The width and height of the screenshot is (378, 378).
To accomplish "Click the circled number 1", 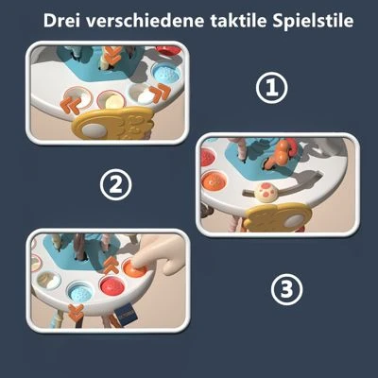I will (x=272, y=89).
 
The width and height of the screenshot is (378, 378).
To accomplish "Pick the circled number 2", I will (x=117, y=184).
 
